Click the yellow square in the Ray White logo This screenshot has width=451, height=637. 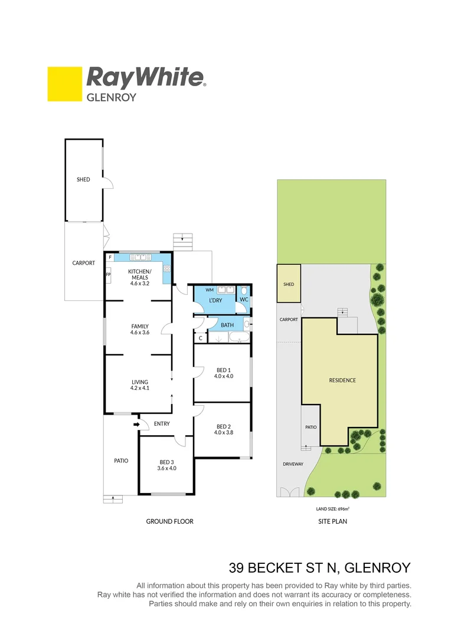pyautogui.click(x=64, y=84)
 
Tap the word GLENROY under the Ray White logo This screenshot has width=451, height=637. pyautogui.click(x=112, y=97)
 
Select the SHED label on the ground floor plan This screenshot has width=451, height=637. pyautogui.click(x=83, y=179)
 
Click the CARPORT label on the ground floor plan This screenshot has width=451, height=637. pyautogui.click(x=83, y=263)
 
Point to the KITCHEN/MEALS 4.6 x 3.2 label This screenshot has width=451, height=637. pyautogui.click(x=140, y=277)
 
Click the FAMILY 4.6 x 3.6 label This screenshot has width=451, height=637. pyautogui.click(x=140, y=330)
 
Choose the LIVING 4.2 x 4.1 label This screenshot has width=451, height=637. pyautogui.click(x=140, y=385)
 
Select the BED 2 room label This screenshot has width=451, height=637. pyautogui.click(x=223, y=429)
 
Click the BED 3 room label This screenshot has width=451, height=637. pyautogui.click(x=167, y=465)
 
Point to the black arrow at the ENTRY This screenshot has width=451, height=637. pyautogui.click(x=136, y=423)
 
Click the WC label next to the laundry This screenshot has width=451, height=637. pyautogui.click(x=243, y=300)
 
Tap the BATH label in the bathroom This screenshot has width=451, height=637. pyautogui.click(x=227, y=325)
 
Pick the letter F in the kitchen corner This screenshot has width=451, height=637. pyautogui.click(x=110, y=258)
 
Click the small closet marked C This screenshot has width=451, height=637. pyautogui.click(x=201, y=338)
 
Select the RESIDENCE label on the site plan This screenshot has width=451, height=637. pyautogui.click(x=342, y=380)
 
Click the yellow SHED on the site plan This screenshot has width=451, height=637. pyautogui.click(x=289, y=284)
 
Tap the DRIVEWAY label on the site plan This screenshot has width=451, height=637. pyautogui.click(x=292, y=464)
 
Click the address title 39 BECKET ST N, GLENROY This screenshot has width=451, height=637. pyautogui.click(x=319, y=568)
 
